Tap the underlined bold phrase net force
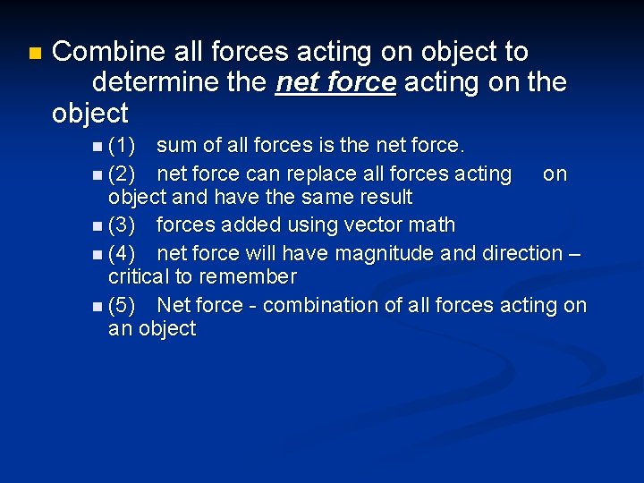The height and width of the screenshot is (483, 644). [336, 82]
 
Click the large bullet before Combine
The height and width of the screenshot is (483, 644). [34, 54]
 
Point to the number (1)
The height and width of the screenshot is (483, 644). [123, 145]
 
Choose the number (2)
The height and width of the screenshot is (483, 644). [123, 173]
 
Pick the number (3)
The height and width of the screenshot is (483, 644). [123, 225]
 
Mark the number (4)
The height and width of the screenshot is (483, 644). [123, 253]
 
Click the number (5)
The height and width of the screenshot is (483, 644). [123, 305]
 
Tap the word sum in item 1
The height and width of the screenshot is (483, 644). [175, 145]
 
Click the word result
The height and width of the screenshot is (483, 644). [384, 197]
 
